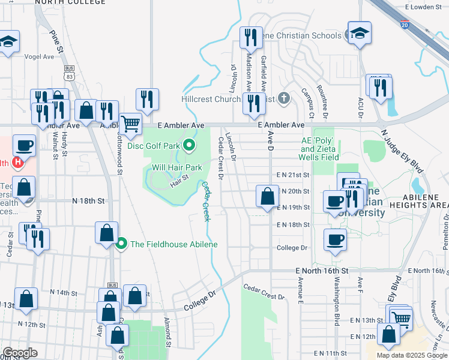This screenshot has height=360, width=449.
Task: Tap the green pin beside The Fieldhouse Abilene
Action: coord(122,244)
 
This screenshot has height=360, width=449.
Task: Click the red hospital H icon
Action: coord(18,162)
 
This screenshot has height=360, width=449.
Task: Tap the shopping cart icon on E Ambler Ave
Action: coord(130,124)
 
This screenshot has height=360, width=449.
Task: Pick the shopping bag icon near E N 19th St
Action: coord(267,196)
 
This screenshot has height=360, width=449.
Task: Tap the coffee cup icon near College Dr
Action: coord(335,240)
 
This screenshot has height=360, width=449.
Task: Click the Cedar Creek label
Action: coord(206,201)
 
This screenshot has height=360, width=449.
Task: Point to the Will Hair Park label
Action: coord(177,167)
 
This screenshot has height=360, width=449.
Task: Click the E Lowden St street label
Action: coord(427,7)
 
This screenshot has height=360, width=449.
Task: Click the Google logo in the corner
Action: coord(20,353)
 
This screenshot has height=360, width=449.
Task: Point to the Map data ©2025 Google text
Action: coord(412,355)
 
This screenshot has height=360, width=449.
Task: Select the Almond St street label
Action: coord(169,339)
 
